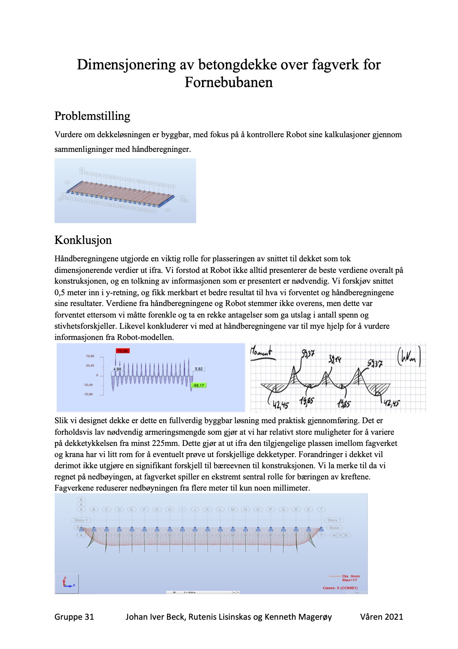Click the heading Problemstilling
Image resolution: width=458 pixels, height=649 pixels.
pos(92,116)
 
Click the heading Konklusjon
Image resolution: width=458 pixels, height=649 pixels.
pos(83,240)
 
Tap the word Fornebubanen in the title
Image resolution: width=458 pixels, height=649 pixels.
pos(229,82)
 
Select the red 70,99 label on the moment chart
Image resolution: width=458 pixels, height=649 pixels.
pos(123,351)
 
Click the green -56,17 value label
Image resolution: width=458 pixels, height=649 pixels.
pos(199,385)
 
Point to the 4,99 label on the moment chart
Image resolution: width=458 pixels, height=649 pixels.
pos(117,369)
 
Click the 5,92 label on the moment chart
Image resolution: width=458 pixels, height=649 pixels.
pos(199,369)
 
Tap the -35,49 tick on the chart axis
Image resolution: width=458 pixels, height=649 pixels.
pos(88,385)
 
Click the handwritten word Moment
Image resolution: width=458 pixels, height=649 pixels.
pos(261,351)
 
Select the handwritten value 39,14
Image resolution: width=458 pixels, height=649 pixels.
pos(334,359)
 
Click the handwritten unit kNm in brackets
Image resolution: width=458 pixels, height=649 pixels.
pos(409,358)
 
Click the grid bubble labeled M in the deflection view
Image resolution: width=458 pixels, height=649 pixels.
pos(233,509)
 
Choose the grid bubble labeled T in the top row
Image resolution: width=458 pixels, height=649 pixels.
pos(321,509)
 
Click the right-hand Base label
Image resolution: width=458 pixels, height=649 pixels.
pos(334,528)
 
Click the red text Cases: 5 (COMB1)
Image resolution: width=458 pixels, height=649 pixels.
pos(340,588)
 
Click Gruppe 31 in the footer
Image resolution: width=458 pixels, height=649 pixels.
pos(74,617)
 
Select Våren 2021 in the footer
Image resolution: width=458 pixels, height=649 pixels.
pos(381,617)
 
